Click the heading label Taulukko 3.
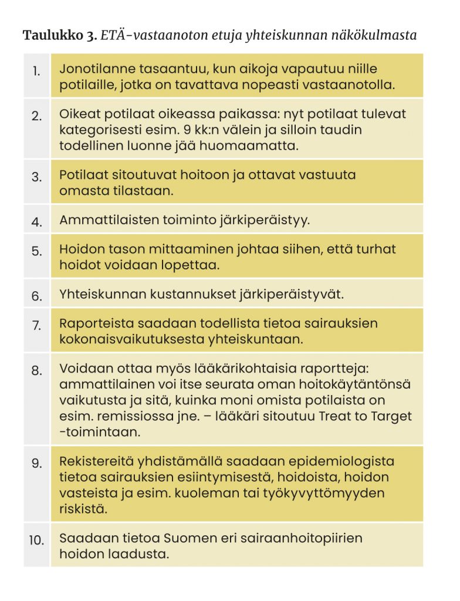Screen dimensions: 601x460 [59, 36]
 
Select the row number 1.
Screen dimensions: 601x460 [37, 72]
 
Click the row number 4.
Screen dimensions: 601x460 [37, 222]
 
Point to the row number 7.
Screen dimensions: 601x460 [37, 325]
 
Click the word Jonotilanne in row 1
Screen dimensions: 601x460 [95, 69]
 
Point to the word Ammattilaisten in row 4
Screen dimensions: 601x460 [102, 220]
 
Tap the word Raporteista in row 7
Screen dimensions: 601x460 [93, 323]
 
